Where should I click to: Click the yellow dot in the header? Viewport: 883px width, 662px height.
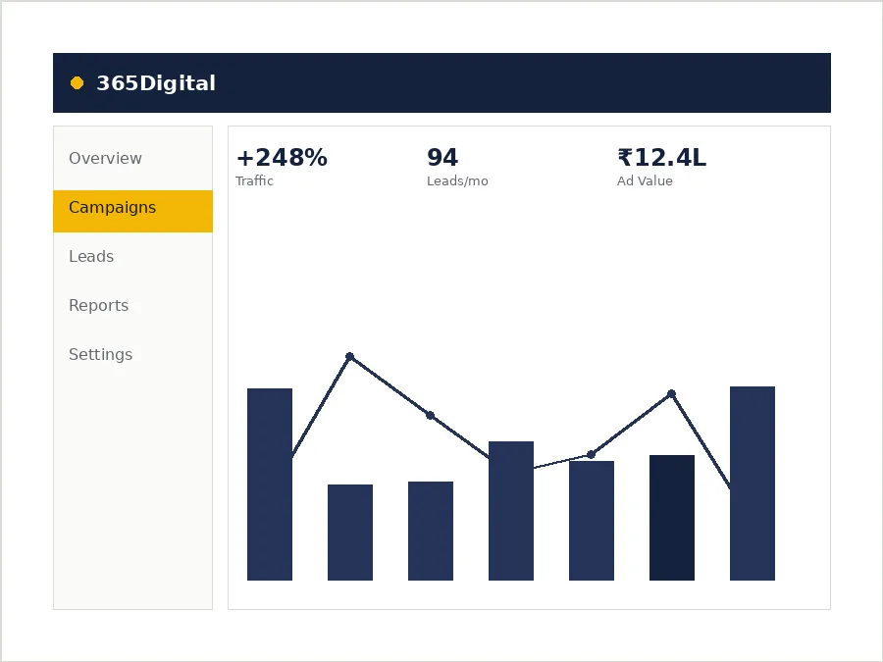tap(78, 83)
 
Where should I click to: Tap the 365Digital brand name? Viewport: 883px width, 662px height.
tap(156, 83)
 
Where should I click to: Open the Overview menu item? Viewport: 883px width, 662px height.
tap(105, 158)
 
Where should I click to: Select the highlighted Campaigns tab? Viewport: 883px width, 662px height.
tap(132, 211)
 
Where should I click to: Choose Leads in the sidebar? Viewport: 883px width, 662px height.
tap(91, 256)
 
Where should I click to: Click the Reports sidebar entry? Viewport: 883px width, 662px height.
tap(98, 305)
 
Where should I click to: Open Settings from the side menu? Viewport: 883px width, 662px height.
tap(101, 355)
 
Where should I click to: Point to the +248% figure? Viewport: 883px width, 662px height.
tap(282, 158)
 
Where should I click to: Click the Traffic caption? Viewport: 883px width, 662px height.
tap(254, 180)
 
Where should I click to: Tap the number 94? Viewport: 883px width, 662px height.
tap(442, 158)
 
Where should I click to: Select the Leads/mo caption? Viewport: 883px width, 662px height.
tap(457, 181)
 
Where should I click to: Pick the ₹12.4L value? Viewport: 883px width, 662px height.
tap(661, 158)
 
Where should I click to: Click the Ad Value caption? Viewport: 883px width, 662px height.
tap(645, 180)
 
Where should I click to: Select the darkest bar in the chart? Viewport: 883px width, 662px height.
tap(672, 518)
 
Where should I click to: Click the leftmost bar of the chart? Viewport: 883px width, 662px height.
tap(270, 484)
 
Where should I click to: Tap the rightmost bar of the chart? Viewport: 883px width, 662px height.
tap(753, 483)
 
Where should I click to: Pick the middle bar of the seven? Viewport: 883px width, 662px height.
tap(511, 511)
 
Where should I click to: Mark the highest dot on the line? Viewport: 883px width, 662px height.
tap(349, 356)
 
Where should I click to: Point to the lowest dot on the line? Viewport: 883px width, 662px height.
tap(591, 454)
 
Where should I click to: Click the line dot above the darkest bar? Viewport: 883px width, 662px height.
tap(671, 394)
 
